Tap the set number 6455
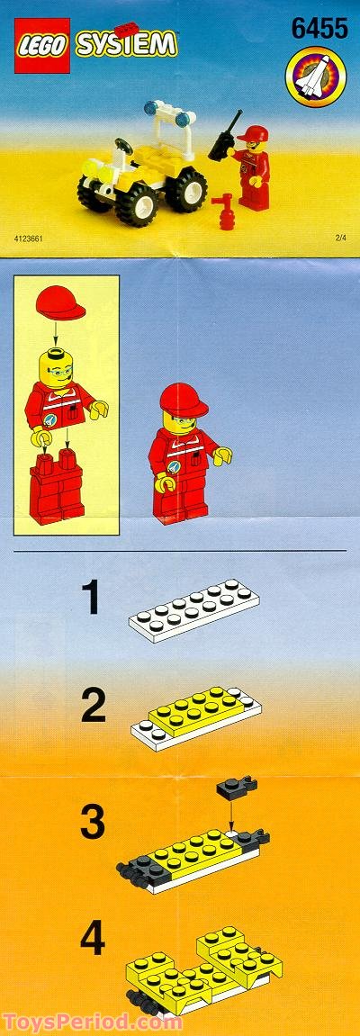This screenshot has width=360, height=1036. point(319,30)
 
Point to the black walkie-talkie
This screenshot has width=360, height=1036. point(223,137)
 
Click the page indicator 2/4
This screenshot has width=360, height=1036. point(339,239)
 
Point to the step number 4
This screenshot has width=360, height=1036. point(93,939)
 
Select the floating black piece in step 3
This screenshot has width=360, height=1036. point(236,788)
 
